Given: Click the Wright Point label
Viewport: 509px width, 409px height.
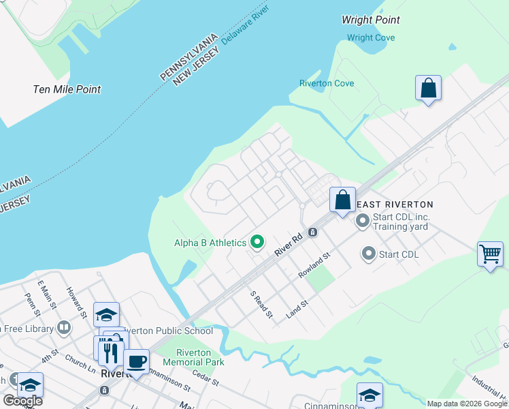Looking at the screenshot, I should pyautogui.click(x=371, y=20).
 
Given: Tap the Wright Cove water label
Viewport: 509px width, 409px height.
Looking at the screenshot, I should pyautogui.click(x=371, y=38).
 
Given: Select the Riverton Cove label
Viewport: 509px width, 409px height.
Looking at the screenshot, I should pyautogui.click(x=327, y=83).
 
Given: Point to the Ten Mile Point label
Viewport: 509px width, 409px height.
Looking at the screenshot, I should pyautogui.click(x=67, y=89).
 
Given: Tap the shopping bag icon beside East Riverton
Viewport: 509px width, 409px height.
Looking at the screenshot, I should pyautogui.click(x=343, y=200).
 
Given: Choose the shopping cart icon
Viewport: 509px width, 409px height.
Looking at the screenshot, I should pyautogui.click(x=490, y=254).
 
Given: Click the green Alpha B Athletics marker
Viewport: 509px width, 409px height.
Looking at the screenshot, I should pyautogui.click(x=257, y=242).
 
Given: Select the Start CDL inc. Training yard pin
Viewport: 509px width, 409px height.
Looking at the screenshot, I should pyautogui.click(x=362, y=221).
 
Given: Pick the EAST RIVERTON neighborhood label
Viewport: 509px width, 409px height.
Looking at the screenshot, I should pyautogui.click(x=395, y=204).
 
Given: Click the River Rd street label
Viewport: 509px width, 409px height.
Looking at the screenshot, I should pyautogui.click(x=288, y=247).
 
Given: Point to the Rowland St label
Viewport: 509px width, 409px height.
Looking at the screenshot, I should pyautogui.click(x=314, y=264).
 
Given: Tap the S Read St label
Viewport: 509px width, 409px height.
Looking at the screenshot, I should pyautogui.click(x=261, y=305).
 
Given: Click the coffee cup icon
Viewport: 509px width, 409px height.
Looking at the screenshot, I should pyautogui.click(x=136, y=361).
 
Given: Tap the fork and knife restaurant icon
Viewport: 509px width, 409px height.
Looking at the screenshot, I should pyautogui.click(x=109, y=352).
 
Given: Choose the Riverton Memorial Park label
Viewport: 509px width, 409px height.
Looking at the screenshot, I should pyautogui.click(x=200, y=357).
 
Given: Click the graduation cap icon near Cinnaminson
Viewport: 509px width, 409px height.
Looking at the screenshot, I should pyautogui.click(x=370, y=395).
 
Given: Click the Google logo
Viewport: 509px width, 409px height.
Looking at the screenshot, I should pyautogui.click(x=22, y=401).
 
